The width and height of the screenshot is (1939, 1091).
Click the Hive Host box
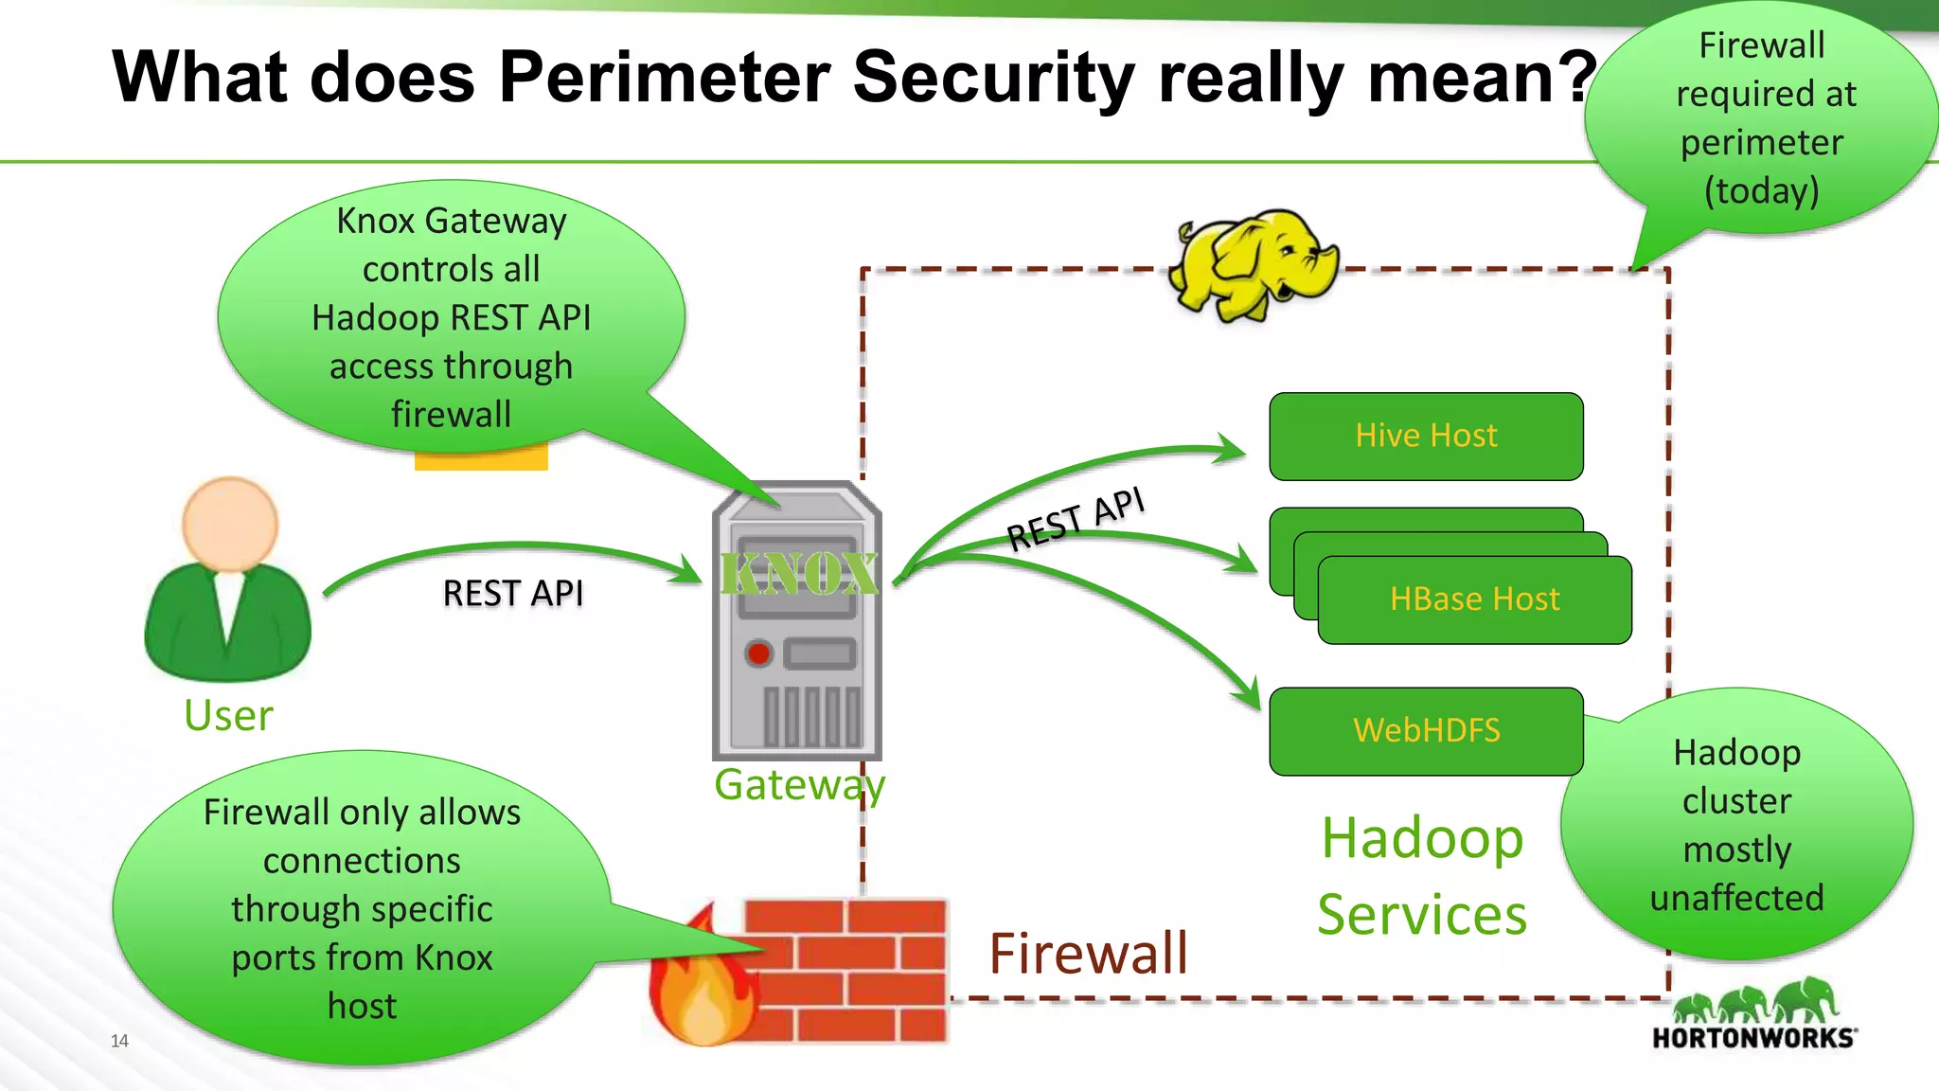(x=1426, y=436)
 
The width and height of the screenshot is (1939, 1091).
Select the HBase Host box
(x=1474, y=599)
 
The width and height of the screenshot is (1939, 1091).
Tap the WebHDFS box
(x=1426, y=730)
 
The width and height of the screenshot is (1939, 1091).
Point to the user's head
(x=229, y=523)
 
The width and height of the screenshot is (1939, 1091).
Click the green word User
(x=228, y=716)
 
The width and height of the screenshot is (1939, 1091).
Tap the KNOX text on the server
(x=798, y=574)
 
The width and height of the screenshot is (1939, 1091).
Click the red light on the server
(x=758, y=653)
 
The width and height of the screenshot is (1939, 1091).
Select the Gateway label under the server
(x=799, y=785)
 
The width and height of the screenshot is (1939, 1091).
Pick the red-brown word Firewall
(x=1088, y=954)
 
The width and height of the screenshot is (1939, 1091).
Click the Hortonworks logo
(x=1754, y=1017)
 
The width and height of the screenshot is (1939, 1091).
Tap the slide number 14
(x=119, y=1041)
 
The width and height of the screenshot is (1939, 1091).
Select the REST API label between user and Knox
(x=512, y=594)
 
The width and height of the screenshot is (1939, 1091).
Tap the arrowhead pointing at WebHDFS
(x=1249, y=695)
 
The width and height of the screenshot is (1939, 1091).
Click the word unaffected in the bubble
(x=1736, y=898)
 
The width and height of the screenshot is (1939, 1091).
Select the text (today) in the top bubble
(x=1761, y=191)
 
